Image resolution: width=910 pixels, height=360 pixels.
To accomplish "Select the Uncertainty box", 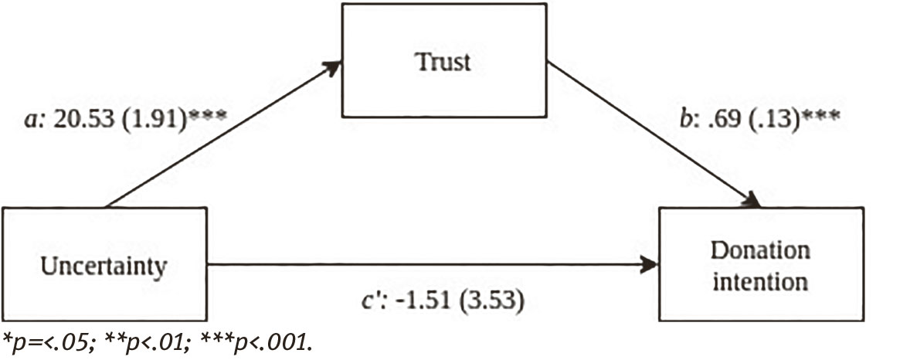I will (x=104, y=267).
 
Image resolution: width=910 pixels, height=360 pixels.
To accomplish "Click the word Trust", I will (x=443, y=62).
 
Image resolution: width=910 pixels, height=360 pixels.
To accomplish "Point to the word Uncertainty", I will (x=104, y=268).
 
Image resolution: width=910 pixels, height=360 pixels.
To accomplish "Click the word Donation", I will (x=760, y=252).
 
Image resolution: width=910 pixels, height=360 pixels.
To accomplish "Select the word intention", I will (x=760, y=280).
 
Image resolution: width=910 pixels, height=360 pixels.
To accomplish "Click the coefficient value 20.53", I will (x=85, y=123).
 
